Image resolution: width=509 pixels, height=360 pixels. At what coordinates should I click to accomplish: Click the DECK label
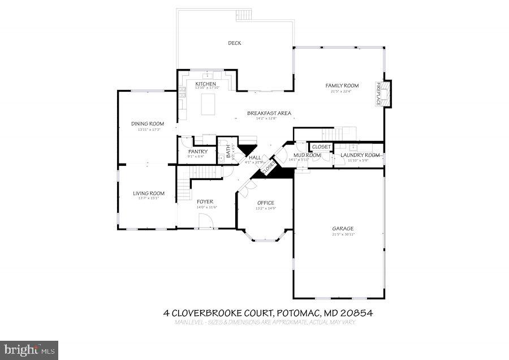click(x=234, y=43)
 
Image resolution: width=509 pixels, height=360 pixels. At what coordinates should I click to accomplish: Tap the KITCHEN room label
click(x=205, y=84)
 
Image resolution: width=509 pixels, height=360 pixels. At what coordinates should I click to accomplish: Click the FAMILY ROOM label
click(x=342, y=86)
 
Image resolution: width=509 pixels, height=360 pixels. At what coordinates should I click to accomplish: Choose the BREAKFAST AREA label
click(x=269, y=113)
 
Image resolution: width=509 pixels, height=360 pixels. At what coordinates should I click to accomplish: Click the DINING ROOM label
click(x=148, y=124)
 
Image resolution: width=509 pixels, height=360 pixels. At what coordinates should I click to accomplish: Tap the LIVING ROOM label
click(x=149, y=194)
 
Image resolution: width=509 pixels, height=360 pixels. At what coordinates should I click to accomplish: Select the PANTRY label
click(x=198, y=152)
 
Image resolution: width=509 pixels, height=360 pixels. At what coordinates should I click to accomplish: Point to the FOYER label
click(x=205, y=202)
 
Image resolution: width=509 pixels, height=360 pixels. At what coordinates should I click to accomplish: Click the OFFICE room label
click(x=265, y=203)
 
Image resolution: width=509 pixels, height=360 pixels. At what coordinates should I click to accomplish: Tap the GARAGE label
click(x=343, y=229)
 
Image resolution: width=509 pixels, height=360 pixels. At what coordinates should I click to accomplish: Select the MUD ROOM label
click(x=307, y=155)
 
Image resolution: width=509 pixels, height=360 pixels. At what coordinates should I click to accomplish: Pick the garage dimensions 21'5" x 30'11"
click(x=343, y=235)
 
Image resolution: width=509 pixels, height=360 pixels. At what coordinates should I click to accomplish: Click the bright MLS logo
click(x=29, y=350)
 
